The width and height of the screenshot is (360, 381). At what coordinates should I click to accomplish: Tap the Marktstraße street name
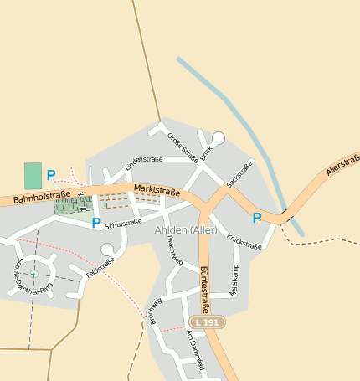[157, 191]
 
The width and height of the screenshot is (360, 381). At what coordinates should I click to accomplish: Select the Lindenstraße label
[143, 163]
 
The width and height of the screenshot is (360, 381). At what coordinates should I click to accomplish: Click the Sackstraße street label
[239, 173]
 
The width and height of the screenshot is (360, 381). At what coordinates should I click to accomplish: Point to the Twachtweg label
[175, 250]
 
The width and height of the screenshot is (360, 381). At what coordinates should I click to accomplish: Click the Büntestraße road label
[205, 289]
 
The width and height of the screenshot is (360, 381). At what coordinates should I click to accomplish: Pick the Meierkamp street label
[234, 277]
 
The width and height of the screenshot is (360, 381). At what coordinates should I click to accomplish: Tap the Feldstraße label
[100, 268]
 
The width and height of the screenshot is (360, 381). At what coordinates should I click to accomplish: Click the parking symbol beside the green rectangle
[51, 175]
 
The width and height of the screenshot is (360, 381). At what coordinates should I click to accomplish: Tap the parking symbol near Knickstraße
[257, 218]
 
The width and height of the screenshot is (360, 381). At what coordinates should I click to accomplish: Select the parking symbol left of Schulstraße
[96, 224]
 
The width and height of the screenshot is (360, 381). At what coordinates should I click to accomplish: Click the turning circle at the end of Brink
[219, 138]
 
